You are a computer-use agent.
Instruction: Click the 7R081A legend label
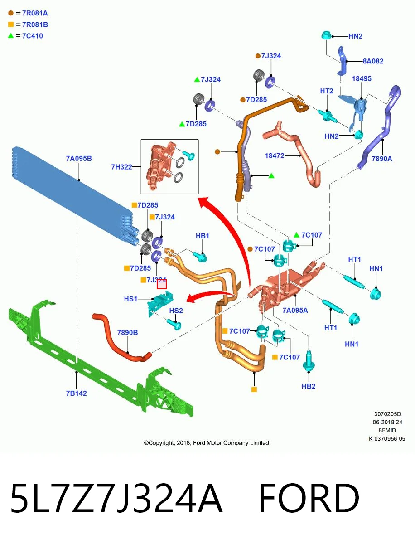tap(35, 13)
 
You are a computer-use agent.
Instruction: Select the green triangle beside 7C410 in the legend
tap(11, 36)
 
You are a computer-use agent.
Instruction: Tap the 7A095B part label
tap(79, 158)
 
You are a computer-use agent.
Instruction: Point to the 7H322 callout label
tap(121, 167)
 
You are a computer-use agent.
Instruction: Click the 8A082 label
tap(373, 61)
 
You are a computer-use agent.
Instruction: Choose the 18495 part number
tap(362, 78)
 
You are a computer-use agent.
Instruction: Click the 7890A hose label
tap(382, 159)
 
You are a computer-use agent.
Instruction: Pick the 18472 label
tap(275, 155)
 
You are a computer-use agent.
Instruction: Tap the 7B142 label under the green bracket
tap(76, 393)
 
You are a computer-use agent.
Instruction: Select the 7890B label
tap(127, 333)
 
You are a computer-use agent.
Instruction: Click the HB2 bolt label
tap(308, 386)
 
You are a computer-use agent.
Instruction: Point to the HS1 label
tap(130, 299)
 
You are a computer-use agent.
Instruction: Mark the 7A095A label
tap(295, 310)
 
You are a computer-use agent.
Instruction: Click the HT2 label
tap(326, 91)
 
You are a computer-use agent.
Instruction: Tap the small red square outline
tap(162, 284)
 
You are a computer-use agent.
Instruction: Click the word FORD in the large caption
tap(309, 498)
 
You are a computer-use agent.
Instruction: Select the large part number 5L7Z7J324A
tap(116, 498)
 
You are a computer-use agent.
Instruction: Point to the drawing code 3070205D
tap(387, 414)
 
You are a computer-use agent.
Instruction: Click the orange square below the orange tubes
tap(254, 389)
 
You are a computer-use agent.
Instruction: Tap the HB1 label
tap(203, 236)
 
